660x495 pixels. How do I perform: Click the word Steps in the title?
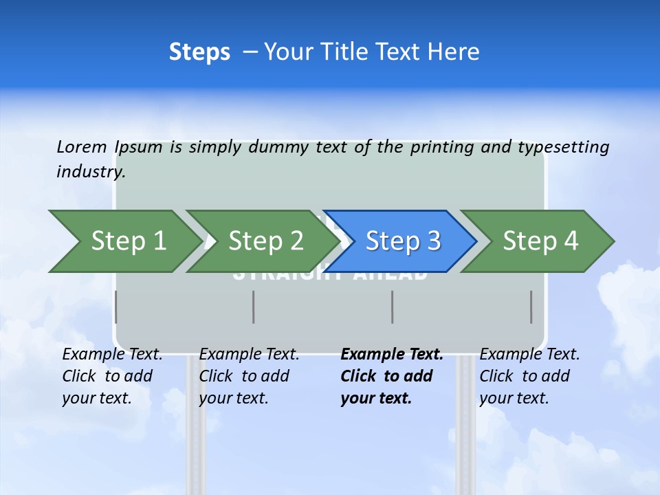click(199, 52)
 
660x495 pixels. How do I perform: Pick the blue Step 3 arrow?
click(402, 241)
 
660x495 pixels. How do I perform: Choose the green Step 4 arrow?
click(540, 241)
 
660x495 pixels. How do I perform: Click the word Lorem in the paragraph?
click(82, 147)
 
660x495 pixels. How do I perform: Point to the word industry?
click(91, 172)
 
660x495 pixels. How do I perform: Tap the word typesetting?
click(563, 147)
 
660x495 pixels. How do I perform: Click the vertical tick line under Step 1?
click(115, 307)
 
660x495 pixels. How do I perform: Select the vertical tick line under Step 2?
click(254, 307)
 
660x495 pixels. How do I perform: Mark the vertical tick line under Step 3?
click(393, 307)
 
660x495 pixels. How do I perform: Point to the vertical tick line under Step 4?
click(531, 307)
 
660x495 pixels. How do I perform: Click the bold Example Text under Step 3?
click(392, 376)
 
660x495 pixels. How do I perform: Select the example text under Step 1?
click(112, 376)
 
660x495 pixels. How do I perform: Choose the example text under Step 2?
click(249, 376)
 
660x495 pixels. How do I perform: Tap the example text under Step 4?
click(529, 376)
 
